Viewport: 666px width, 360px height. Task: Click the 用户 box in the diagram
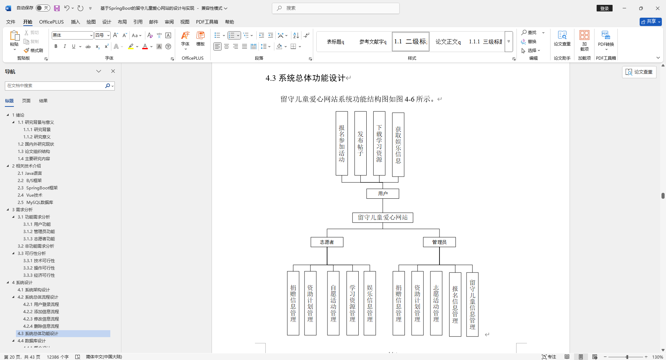383,194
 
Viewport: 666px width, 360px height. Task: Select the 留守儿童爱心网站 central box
383,217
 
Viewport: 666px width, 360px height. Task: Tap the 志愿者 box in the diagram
327,242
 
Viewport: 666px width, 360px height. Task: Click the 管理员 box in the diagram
439,242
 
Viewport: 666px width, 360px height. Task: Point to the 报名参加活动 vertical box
342,143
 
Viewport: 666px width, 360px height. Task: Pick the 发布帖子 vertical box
360,143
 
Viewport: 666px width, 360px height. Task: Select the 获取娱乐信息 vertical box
398,144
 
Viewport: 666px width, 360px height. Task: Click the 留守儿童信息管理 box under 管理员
472,304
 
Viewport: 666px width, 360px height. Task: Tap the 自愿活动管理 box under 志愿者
333,303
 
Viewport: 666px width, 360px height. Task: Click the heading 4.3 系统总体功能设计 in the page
305,78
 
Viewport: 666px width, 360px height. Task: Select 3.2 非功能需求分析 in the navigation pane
36,246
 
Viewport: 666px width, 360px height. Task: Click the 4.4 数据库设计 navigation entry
32,341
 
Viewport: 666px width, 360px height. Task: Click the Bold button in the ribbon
56,46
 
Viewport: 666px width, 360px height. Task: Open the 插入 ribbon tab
75,22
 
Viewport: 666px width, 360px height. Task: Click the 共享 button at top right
650,22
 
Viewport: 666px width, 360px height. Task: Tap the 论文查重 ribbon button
562,38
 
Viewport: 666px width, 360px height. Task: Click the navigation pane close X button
113,71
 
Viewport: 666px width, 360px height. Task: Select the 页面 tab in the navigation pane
26,101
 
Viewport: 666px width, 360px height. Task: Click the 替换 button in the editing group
529,42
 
